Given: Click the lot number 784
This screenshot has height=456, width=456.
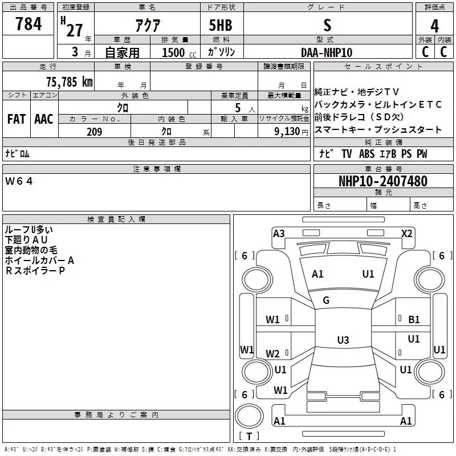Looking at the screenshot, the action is coord(28,23).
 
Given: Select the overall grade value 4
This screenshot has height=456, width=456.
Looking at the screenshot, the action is coord(434,26).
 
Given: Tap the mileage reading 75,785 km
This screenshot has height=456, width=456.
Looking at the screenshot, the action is coord(70,82).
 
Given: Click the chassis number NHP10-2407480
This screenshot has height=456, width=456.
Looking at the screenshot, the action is coord(383,181).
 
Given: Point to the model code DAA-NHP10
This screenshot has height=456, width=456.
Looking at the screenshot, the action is coord(327,52).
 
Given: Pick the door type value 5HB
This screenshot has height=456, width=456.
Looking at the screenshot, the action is coord(221,25).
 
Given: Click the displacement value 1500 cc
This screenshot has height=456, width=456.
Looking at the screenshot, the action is coord(179,52).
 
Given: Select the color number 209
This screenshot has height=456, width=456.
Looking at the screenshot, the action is coord(95,132).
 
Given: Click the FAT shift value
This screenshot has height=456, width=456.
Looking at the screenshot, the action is coord(17,119).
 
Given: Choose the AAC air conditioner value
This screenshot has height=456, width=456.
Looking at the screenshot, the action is coord(44,119).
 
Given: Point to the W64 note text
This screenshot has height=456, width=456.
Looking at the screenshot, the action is coord(19,181).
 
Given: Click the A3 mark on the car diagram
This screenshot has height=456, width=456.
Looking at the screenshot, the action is coord(279,234).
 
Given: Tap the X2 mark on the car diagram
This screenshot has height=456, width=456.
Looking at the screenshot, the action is coord(406,234).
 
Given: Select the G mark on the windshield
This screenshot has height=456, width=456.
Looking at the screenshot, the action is coord(326,300).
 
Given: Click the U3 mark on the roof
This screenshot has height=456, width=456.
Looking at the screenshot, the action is coord(343,340).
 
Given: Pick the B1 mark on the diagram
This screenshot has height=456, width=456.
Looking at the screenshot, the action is coord(414,320).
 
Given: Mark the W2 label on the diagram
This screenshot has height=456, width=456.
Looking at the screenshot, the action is coord(272,353).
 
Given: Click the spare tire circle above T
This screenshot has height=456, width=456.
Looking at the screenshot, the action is coord(249,416).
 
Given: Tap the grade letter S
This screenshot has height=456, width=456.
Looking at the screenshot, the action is coord(327,25).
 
